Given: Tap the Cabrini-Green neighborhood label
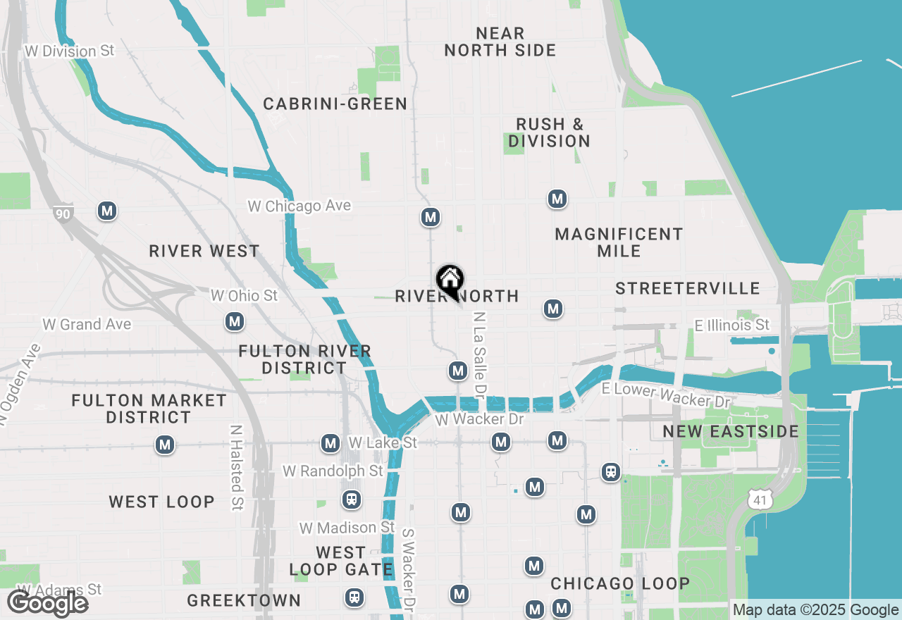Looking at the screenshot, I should (x=335, y=104).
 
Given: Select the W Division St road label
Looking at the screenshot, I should (x=69, y=51).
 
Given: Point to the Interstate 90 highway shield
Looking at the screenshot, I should (x=63, y=212).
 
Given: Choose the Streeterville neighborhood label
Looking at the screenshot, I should (x=688, y=288).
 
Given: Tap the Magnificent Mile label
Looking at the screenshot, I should (x=619, y=242).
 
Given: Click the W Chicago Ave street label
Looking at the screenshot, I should (x=299, y=206).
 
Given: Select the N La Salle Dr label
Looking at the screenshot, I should (x=480, y=354).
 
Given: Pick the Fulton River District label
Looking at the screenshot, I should (x=304, y=359).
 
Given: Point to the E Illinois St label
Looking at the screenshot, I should (x=732, y=325).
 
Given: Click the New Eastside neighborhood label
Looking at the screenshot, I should (x=731, y=431).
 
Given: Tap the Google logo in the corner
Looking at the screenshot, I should (x=47, y=603).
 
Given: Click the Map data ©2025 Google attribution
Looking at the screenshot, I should (x=815, y=610).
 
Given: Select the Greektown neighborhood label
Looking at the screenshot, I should (x=244, y=600).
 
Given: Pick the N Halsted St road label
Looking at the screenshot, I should (x=237, y=467).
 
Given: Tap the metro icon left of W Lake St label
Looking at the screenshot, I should (x=330, y=444).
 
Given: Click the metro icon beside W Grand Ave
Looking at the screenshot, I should (x=235, y=322).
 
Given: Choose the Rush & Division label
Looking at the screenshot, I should (x=550, y=132).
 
